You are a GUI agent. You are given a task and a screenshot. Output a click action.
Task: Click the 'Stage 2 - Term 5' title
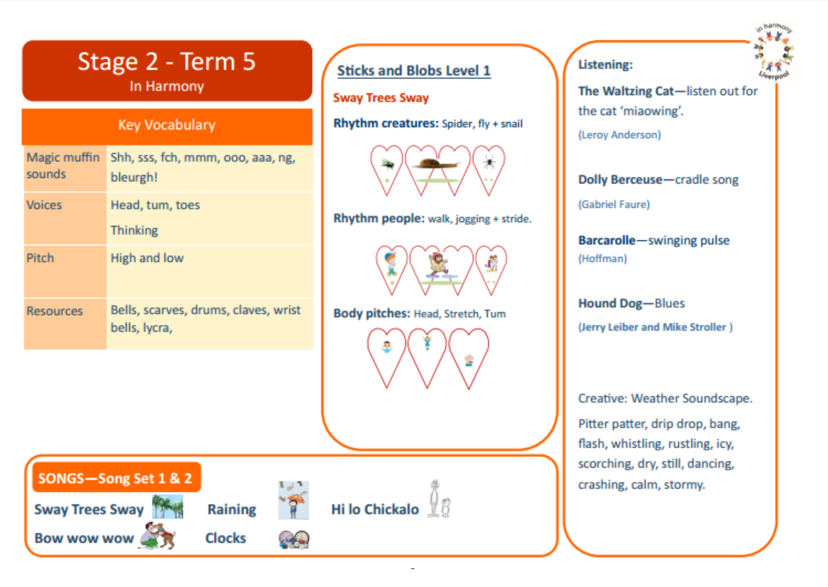(x=167, y=61)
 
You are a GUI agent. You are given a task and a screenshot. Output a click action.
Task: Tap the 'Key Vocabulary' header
(x=167, y=125)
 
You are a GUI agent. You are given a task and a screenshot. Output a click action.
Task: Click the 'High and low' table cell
(x=147, y=258)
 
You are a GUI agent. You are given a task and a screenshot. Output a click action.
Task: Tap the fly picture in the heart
(x=388, y=165)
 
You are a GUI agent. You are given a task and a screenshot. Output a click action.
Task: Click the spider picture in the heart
(x=489, y=162)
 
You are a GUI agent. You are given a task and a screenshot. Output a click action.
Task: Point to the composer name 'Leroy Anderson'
(x=619, y=135)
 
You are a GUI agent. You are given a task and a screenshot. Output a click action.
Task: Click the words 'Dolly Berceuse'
(x=620, y=180)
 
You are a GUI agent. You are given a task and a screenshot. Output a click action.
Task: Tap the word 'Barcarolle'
(x=606, y=240)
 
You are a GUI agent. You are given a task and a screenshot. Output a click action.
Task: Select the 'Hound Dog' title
(x=610, y=303)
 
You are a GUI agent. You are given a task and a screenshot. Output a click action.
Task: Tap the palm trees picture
(x=167, y=506)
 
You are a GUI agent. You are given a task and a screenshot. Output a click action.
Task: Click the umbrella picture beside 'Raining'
(x=293, y=501)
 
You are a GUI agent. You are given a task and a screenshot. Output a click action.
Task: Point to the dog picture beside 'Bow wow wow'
(x=158, y=536)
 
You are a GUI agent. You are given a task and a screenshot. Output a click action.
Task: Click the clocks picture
(x=294, y=540)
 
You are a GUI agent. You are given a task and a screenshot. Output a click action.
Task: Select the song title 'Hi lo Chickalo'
(x=375, y=509)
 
